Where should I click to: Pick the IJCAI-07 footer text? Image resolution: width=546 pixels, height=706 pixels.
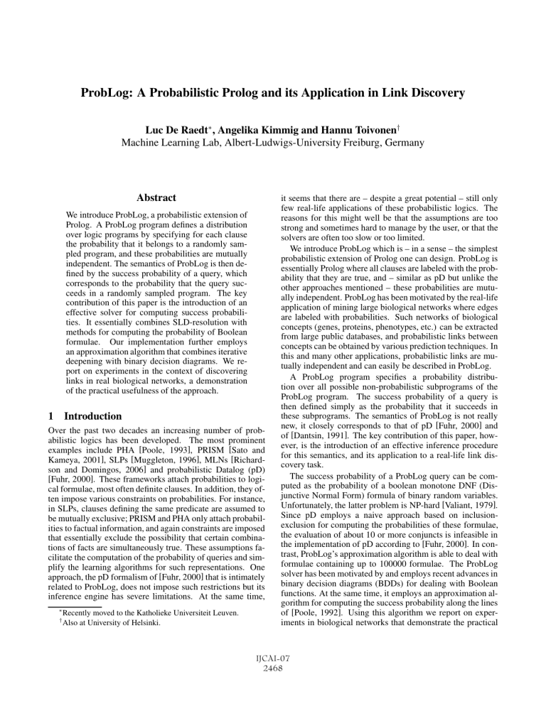pyautogui.click(x=273, y=680)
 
